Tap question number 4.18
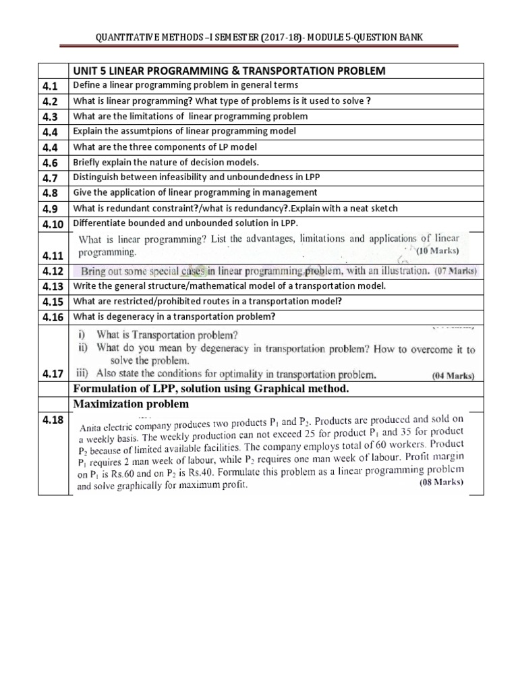pyautogui.click(x=52, y=421)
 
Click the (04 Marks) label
pyautogui.click(x=453, y=375)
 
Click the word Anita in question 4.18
pyautogui.click(x=92, y=427)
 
